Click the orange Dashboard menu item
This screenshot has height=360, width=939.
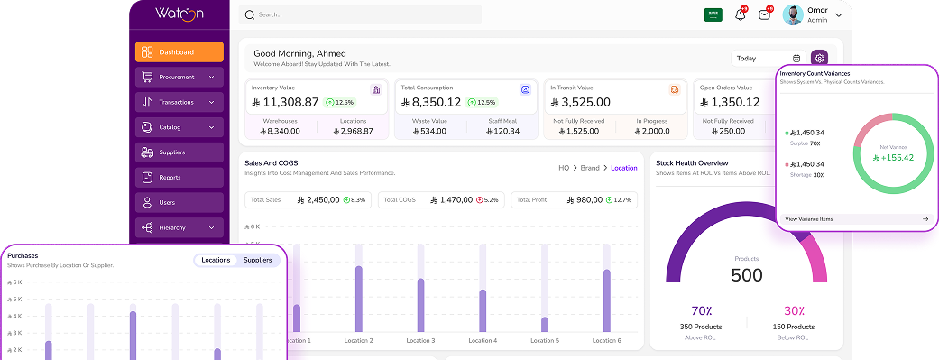(179, 52)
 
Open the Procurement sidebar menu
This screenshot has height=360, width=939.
(179, 78)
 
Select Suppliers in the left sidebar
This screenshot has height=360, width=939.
(179, 152)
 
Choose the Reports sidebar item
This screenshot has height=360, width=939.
(179, 178)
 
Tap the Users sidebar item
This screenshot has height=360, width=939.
(179, 202)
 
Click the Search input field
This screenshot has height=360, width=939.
(361, 14)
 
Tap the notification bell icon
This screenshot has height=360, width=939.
(740, 14)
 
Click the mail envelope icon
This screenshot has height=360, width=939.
(764, 14)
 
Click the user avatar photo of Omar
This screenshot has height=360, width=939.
(793, 14)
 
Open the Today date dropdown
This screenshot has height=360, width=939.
(768, 59)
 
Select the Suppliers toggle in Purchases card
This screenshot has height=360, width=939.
(257, 260)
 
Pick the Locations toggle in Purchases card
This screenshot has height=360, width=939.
(216, 260)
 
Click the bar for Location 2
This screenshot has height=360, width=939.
(358, 298)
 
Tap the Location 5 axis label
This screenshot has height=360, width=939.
(544, 341)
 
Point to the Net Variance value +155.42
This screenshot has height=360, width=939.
(892, 157)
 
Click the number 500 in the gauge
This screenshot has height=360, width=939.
(746, 275)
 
